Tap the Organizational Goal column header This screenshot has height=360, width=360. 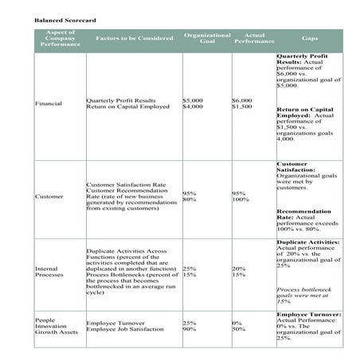point(206,38)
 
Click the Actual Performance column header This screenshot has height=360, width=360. point(254,38)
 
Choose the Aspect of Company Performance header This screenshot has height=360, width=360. point(60,38)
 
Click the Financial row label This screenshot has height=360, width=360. point(49,104)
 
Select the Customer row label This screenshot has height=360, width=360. point(49,196)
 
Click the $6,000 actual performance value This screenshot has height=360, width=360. point(241,100)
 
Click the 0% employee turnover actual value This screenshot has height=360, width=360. point(237,322)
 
